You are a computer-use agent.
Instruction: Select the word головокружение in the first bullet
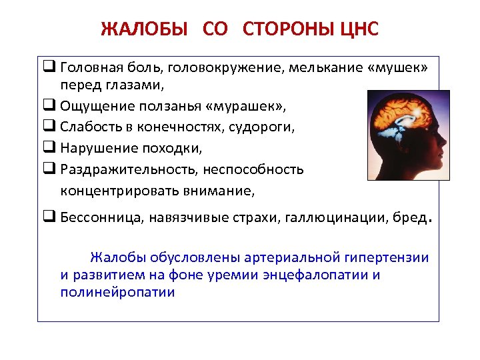point(227,68)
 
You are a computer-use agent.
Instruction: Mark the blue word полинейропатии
point(117,292)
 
